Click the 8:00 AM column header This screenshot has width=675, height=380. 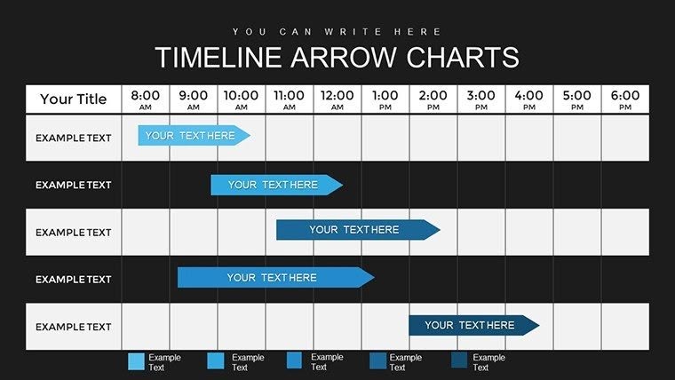click(146, 99)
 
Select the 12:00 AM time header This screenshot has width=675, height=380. click(337, 99)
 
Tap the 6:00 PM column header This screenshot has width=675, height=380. click(625, 99)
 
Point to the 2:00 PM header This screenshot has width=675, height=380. click(433, 99)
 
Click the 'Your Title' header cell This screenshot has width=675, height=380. click(73, 99)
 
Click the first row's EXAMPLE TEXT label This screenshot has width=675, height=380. click(73, 138)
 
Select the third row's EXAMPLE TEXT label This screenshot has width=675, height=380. click(73, 233)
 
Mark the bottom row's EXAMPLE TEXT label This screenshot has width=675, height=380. click(73, 327)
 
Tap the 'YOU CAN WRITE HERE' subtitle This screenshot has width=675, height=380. click(337, 32)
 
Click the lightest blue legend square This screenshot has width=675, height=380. click(136, 360)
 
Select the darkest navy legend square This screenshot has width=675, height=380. click(459, 360)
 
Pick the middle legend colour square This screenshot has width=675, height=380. click(295, 360)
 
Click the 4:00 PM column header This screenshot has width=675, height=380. click(529, 99)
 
